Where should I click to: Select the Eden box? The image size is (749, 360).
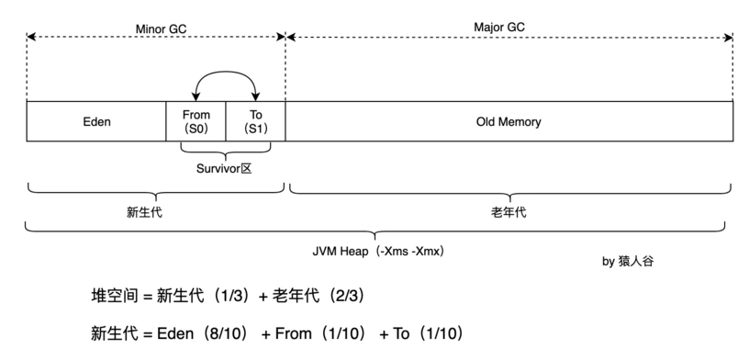click(96, 121)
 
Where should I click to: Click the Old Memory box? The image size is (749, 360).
click(509, 121)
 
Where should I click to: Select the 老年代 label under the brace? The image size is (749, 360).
click(509, 211)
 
